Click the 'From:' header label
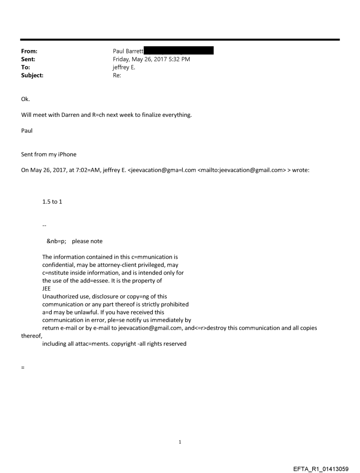(x=29, y=52)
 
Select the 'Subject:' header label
(x=32, y=75)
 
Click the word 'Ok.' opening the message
(x=26, y=99)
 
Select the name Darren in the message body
(x=74, y=115)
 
